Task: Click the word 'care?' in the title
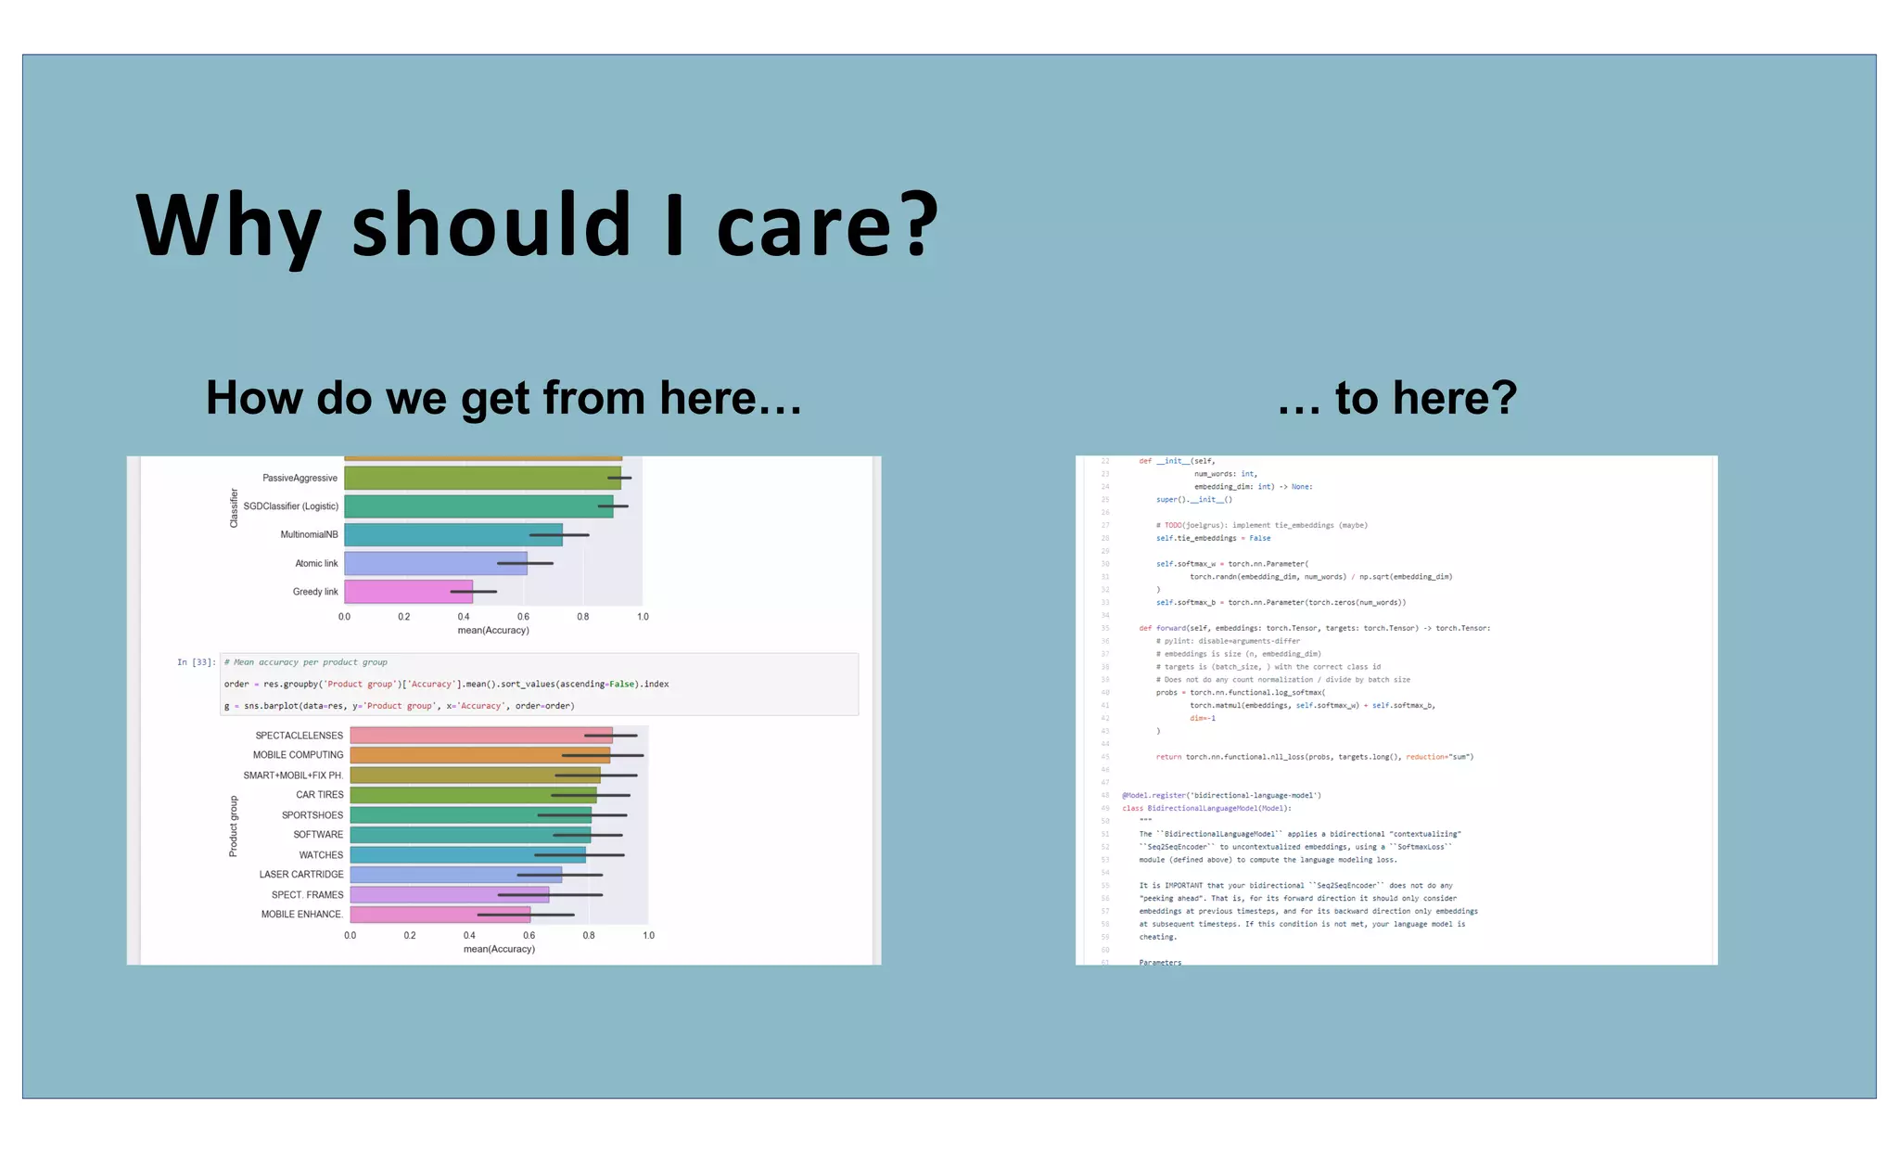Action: (x=827, y=224)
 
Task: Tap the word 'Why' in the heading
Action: (x=228, y=224)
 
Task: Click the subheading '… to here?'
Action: (x=1396, y=398)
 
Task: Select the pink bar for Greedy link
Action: (x=408, y=592)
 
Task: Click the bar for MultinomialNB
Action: (x=452, y=535)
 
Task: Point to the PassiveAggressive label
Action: (x=300, y=479)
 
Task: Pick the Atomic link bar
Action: (x=435, y=563)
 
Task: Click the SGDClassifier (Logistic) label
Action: (x=290, y=506)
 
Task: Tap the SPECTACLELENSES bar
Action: (x=480, y=736)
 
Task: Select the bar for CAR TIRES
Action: (x=473, y=795)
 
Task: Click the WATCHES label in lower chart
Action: (x=321, y=855)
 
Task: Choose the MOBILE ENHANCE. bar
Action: (x=440, y=915)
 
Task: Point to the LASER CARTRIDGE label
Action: (x=300, y=875)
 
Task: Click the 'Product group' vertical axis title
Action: (x=234, y=826)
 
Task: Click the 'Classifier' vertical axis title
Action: (x=234, y=508)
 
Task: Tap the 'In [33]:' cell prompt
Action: (x=196, y=662)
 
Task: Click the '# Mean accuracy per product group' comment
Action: (x=306, y=662)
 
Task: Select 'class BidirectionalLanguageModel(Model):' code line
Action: (x=1206, y=808)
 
